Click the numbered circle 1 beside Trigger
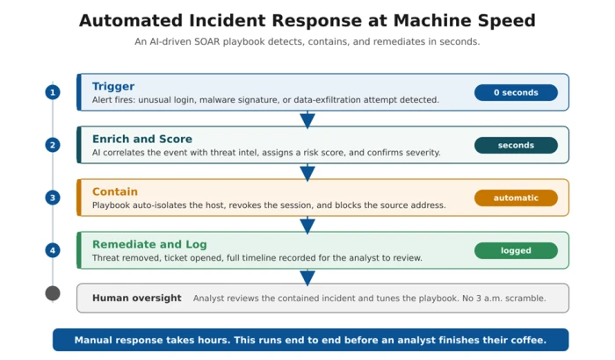click(53, 92)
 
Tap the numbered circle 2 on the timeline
click(53, 145)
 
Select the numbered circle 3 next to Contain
click(53, 198)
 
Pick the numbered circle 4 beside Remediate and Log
click(53, 250)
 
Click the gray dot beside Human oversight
click(53, 293)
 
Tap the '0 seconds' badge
click(516, 92)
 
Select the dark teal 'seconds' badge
click(516, 145)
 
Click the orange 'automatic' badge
click(516, 198)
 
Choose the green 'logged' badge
click(516, 250)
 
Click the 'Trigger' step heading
click(113, 87)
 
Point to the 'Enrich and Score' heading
click(142, 139)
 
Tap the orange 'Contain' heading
click(115, 191)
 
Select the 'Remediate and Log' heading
click(149, 244)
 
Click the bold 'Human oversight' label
click(137, 298)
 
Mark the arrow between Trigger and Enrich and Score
click(307, 120)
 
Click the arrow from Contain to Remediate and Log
click(307, 226)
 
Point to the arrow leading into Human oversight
click(307, 277)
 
